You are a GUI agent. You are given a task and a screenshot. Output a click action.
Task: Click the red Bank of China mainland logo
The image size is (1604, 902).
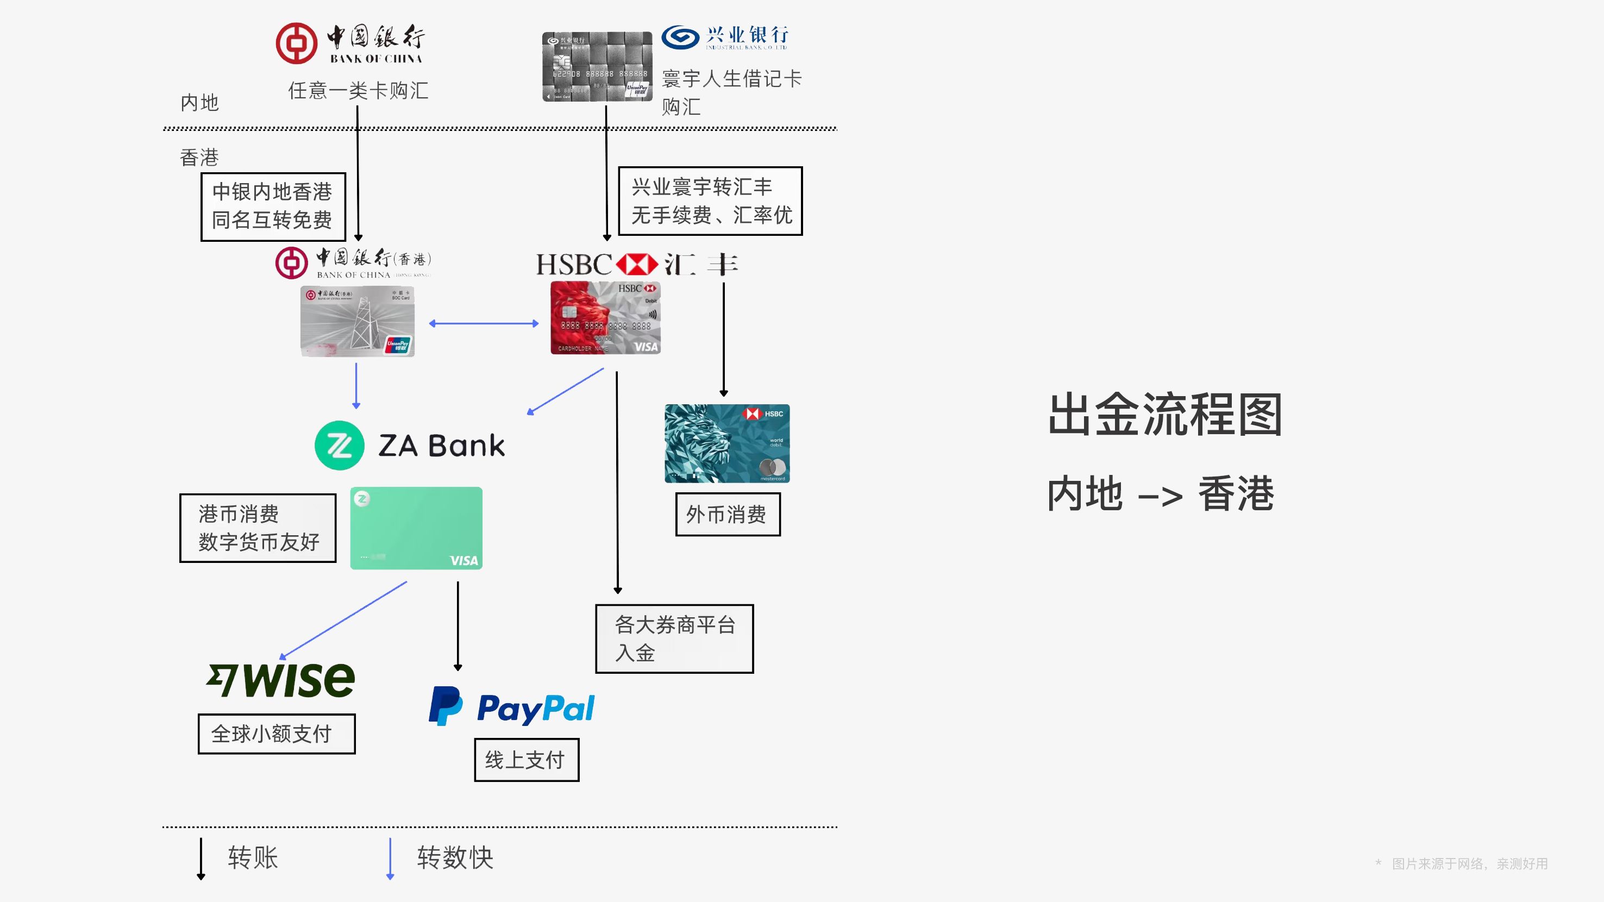pyautogui.click(x=296, y=43)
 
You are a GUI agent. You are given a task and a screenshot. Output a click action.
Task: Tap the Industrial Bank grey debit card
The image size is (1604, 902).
pyautogui.click(x=597, y=67)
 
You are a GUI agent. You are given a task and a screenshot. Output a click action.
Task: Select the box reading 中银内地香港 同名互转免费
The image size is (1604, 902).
pyautogui.click(x=273, y=206)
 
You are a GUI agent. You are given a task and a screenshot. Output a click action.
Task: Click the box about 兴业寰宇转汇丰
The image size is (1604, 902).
pyautogui.click(x=710, y=201)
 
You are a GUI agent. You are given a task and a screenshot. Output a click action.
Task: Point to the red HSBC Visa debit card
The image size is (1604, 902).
pyautogui.click(x=605, y=318)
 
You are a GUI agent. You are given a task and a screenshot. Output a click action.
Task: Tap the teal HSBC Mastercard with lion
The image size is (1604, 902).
pyautogui.click(x=726, y=443)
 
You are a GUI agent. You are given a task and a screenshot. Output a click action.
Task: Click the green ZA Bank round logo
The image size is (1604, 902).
pyautogui.click(x=340, y=446)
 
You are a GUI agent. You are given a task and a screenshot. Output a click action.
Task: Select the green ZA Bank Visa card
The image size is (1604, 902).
pyautogui.click(x=416, y=528)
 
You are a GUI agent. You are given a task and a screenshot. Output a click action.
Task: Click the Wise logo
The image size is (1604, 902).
pyautogui.click(x=281, y=680)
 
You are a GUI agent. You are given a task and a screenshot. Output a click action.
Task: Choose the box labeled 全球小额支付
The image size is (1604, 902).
pyautogui.click(x=277, y=734)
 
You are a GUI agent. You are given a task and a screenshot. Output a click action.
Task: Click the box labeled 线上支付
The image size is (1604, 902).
pyautogui.click(x=526, y=760)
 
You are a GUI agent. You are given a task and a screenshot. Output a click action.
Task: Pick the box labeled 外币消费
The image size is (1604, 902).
pyautogui.click(x=727, y=515)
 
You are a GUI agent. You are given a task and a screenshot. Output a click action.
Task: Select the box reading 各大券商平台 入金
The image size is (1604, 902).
pyautogui.click(x=674, y=638)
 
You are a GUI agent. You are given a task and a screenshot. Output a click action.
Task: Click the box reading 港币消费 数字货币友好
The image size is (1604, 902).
pyautogui.click(x=258, y=528)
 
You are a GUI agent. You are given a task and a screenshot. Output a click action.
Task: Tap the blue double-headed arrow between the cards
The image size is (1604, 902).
pyautogui.click(x=484, y=324)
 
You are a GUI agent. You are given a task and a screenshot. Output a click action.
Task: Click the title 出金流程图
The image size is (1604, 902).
pyautogui.click(x=1165, y=415)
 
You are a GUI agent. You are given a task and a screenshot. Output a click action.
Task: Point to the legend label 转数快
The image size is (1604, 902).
pyautogui.click(x=455, y=858)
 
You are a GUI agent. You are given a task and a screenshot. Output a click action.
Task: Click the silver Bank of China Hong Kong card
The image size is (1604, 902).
pyautogui.click(x=358, y=321)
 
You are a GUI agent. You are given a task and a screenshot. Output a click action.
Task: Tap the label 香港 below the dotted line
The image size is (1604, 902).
pyautogui.click(x=199, y=158)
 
